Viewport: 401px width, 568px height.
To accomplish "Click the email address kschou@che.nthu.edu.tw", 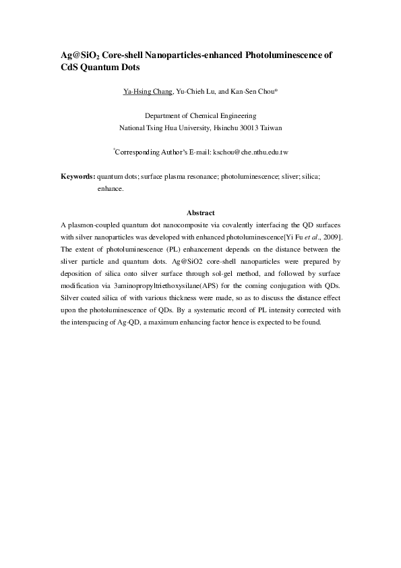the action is tap(251, 152).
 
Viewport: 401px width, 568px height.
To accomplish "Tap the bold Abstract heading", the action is tap(200, 213).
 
